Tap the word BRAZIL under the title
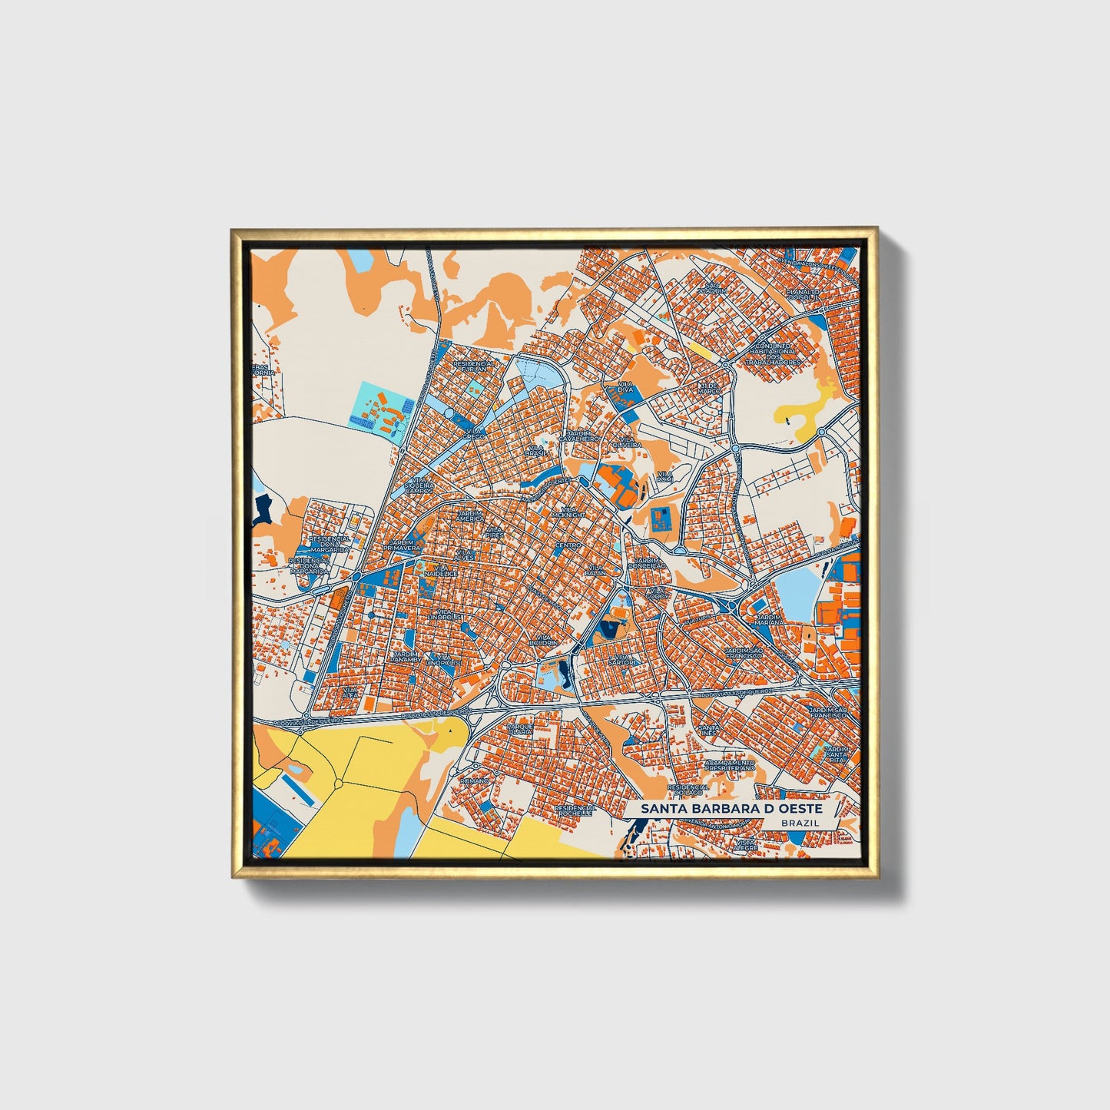[x=799, y=823]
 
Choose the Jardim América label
[x=470, y=515]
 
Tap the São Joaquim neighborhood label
[x=711, y=288]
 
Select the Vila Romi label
[x=664, y=476]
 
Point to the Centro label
[x=568, y=545]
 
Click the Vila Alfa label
[x=351, y=693]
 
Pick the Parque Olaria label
[x=520, y=727]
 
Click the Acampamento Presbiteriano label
[x=730, y=765]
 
